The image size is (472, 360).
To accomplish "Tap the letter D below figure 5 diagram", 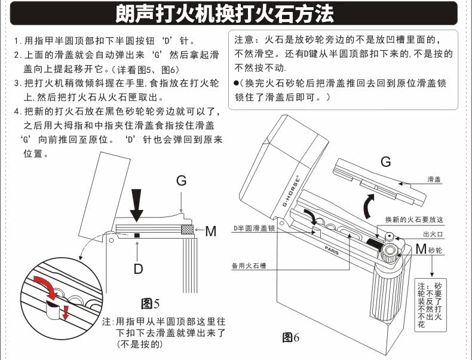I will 138,269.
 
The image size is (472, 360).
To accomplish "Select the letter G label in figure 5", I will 181,181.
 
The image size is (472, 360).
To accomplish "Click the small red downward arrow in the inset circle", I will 65,312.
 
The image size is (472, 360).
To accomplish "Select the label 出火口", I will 433,234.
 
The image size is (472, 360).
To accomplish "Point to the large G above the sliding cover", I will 385,161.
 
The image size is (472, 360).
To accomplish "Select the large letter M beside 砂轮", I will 421,249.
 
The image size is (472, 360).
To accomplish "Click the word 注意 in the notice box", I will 245,40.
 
